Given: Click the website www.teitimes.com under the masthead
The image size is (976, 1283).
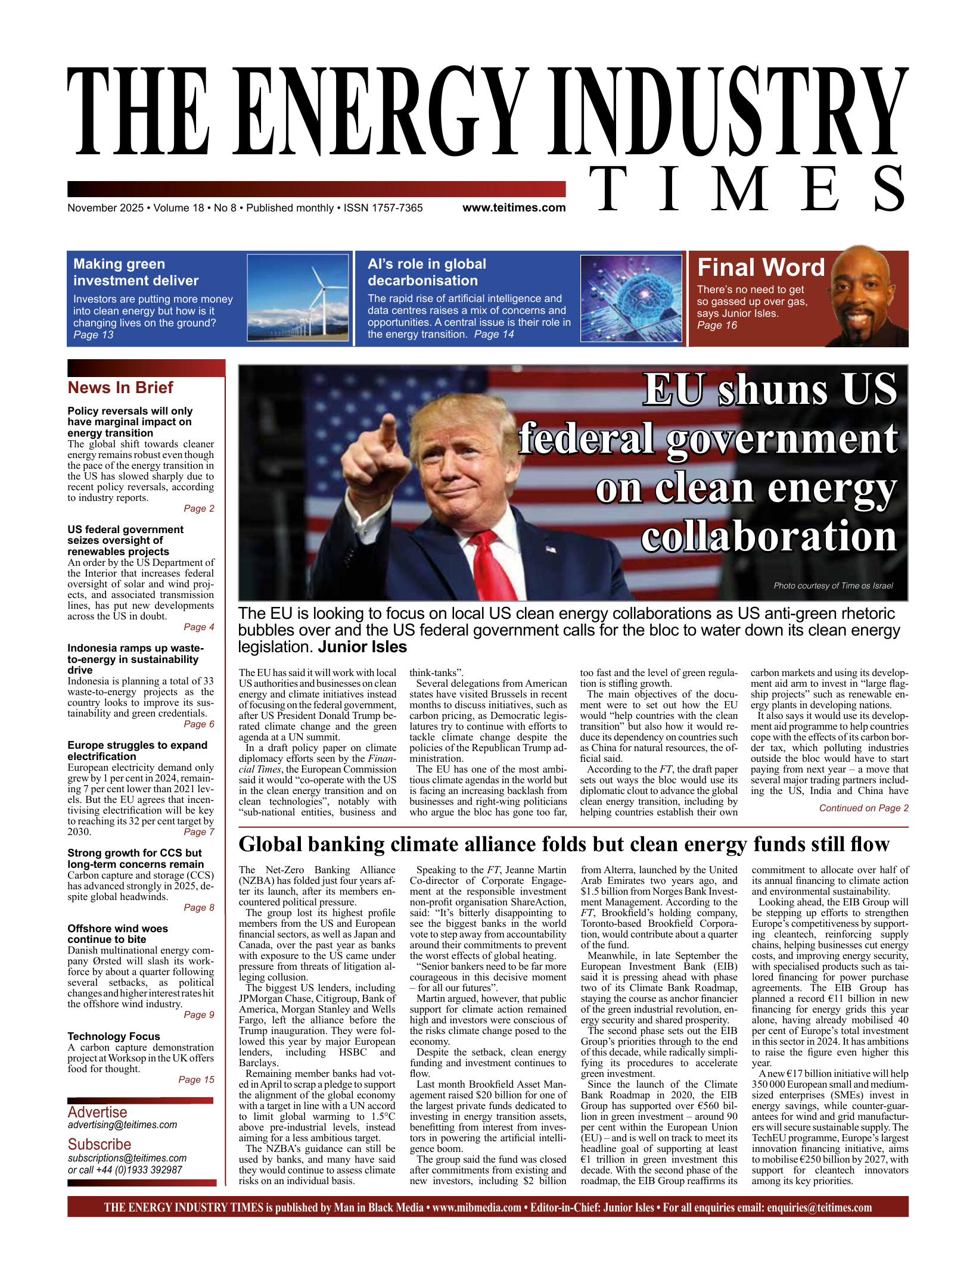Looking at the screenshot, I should (514, 208).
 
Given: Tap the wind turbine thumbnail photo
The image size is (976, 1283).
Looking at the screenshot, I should (298, 298).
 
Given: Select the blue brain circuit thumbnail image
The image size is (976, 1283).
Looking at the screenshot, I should (631, 298).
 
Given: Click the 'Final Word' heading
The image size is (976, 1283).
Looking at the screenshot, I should (761, 267).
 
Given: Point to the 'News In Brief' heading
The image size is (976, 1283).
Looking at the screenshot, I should (120, 388).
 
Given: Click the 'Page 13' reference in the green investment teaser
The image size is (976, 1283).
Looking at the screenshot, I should (94, 335).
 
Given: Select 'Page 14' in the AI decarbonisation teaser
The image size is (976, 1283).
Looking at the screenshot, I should (494, 335).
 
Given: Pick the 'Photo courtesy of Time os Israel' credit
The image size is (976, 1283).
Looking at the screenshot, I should (833, 586).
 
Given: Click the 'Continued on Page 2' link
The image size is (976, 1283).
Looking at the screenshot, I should (863, 808).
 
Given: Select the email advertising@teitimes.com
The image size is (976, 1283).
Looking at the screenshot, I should (122, 1125).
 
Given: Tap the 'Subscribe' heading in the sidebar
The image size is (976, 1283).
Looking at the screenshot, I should (100, 1144).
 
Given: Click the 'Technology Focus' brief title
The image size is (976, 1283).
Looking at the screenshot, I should (114, 1036).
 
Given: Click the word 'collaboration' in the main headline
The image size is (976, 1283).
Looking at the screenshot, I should (769, 537).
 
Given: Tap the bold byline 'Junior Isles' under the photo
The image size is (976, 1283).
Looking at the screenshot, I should (362, 647).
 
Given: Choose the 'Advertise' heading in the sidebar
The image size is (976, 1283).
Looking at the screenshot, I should (98, 1112).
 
